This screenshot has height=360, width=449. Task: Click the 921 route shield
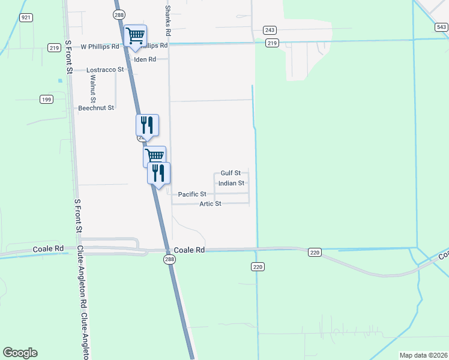pos(26,18)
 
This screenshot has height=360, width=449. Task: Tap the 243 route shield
pos(270,30)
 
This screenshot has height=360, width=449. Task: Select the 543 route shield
pos(441,27)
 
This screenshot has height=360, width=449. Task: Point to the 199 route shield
pos(46,98)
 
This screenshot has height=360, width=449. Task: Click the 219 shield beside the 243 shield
pos(273,43)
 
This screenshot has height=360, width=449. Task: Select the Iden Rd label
pos(145,59)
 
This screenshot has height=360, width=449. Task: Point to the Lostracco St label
pos(105,70)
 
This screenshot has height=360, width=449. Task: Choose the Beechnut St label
pos(96,108)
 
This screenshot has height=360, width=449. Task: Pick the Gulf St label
pos(231,173)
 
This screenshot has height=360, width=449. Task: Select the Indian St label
pos(231,184)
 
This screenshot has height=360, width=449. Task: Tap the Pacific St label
pos(192,194)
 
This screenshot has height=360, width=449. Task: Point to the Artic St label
pos(211,204)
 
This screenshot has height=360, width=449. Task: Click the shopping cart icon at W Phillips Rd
pos(135,35)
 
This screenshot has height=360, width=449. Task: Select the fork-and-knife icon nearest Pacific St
pos(158,173)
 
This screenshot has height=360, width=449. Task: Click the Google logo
pos(20,353)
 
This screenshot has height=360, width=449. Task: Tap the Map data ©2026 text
pos(423,355)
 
